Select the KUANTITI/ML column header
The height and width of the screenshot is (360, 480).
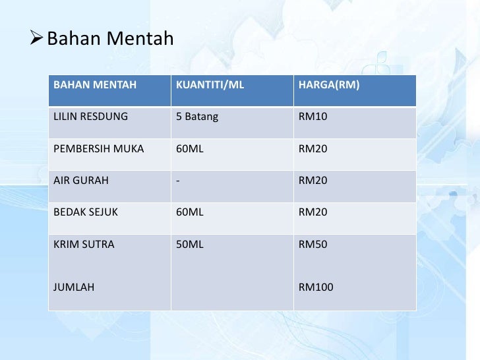tap(206, 85)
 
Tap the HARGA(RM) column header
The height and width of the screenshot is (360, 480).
tap(329, 85)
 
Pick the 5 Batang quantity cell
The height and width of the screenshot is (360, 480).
tap(197, 117)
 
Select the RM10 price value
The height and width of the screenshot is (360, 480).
tap(313, 117)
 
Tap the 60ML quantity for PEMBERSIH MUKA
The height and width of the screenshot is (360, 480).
tap(190, 148)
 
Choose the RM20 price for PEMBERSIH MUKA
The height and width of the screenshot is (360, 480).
tap(313, 148)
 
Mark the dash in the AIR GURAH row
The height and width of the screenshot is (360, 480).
tap(178, 180)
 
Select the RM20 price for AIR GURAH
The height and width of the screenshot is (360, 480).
tap(313, 180)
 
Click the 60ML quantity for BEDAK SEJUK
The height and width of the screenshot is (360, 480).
tap(190, 212)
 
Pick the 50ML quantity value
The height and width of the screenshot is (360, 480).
tap(190, 245)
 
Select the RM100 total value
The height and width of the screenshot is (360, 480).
tap(316, 287)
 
